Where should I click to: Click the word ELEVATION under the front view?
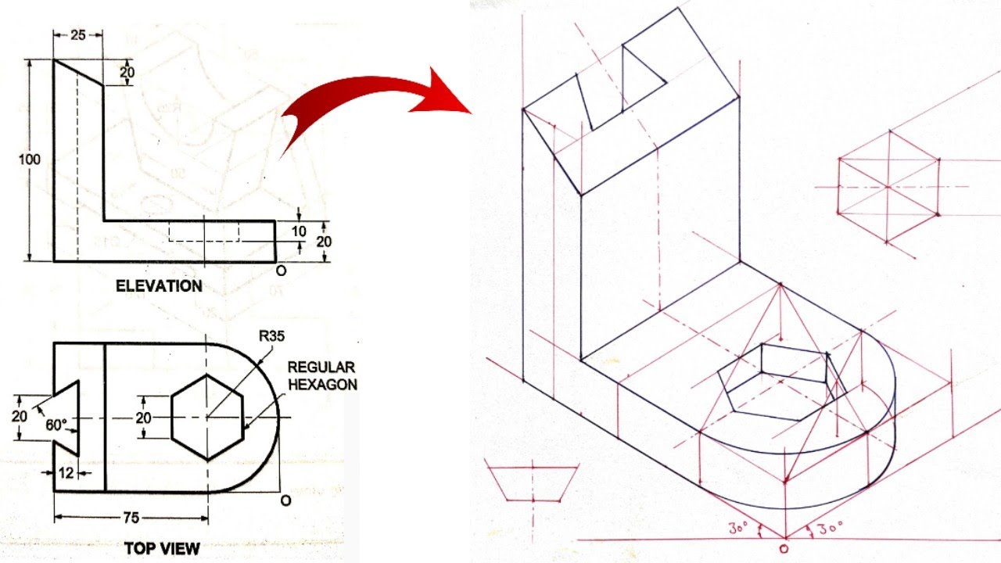point(159,286)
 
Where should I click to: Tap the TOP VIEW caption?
point(162,548)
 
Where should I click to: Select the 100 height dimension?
point(30,160)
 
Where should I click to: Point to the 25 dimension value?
point(77,35)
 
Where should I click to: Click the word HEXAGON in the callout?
point(322,384)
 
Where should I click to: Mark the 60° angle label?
point(55,425)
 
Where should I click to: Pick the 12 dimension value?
point(67,472)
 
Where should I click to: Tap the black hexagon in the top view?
point(207,418)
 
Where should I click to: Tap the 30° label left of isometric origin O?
point(739,529)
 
